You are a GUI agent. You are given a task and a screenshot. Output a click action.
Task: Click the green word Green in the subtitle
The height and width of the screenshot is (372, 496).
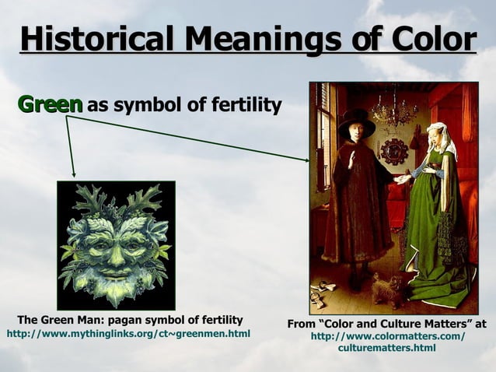[x=50, y=104]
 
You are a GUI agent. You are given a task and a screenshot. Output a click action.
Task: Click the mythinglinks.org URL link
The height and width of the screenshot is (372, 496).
[x=128, y=334]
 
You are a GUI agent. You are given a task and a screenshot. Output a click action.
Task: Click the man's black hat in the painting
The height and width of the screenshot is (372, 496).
[x=356, y=121]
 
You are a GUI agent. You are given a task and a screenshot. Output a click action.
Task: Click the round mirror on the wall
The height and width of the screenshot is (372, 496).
[x=394, y=151]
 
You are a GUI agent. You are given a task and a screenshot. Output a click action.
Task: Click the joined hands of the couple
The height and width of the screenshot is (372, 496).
[x=403, y=177]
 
